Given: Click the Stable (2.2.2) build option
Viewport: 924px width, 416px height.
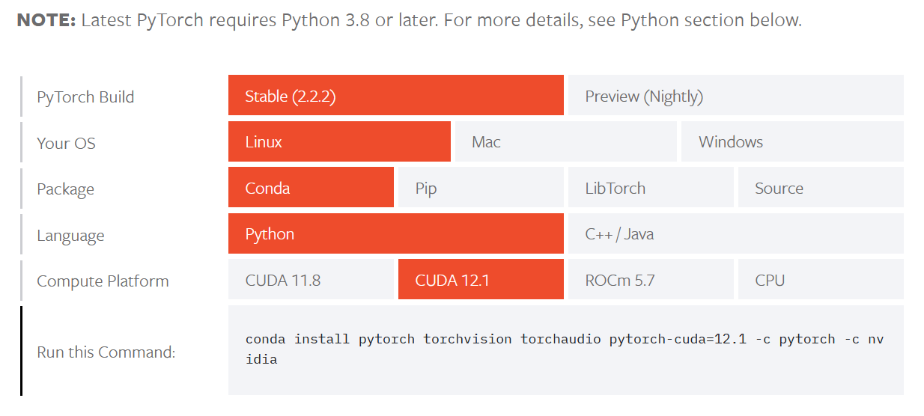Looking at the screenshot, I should pos(395,96).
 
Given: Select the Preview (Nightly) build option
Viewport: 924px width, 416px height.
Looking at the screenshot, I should pos(735,96).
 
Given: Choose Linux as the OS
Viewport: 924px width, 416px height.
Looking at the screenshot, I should pos(339,142).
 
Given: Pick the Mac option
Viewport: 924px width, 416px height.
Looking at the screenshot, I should pos(565,142).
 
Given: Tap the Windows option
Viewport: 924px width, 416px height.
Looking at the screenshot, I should pos(791,142).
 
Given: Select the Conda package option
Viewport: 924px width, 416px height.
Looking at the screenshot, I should pos(311,188).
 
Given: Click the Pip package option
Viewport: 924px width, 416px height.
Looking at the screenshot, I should pos(480,188).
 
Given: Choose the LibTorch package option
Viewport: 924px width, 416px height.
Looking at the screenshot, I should pos(650,188).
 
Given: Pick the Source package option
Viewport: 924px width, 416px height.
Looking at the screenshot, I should pos(820,188).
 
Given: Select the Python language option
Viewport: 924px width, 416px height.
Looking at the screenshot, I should pos(395,234).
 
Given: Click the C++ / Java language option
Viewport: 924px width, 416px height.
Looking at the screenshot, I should pos(735,234).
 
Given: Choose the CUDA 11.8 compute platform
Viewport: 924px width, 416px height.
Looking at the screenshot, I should pos(311,281).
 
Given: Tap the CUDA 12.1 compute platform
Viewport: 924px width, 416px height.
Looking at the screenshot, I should pos(480,281).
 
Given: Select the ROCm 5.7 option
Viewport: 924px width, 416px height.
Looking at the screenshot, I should pos(650,281).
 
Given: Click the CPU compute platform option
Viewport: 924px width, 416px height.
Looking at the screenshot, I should pos(820,281).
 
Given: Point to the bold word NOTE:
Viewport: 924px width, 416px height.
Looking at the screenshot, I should pos(45,20).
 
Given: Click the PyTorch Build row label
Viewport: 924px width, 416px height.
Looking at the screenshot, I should pos(85,97).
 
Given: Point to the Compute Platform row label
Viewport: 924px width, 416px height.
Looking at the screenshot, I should pos(103,281).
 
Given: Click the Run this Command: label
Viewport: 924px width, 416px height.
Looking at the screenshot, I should pos(106,352).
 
